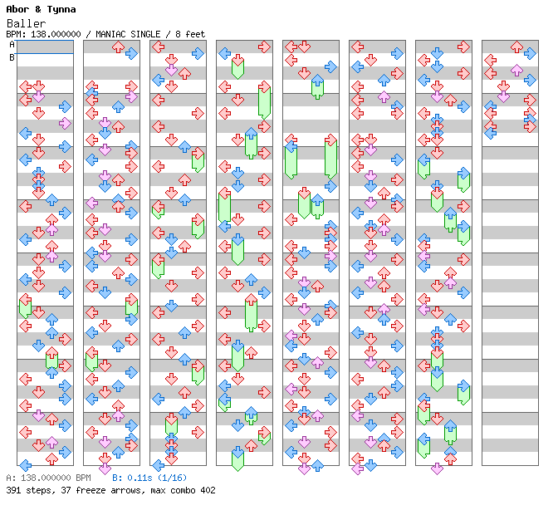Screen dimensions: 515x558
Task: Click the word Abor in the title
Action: coord(17,9)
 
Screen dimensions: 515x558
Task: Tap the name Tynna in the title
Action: coord(61,9)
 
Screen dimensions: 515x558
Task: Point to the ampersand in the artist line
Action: coord(39,9)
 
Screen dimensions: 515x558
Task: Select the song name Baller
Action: coord(23,23)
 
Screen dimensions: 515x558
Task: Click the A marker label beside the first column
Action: coord(12,45)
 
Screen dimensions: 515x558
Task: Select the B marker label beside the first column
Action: coord(12,57)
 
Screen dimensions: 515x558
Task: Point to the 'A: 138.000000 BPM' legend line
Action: coord(48,478)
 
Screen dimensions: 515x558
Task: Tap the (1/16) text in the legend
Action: coord(173,478)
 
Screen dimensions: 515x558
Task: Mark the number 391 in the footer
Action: coord(14,490)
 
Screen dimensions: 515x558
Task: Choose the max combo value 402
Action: coord(207,490)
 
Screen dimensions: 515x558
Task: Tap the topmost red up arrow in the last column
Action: coord(516,47)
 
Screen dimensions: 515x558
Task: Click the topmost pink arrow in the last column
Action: coord(516,71)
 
